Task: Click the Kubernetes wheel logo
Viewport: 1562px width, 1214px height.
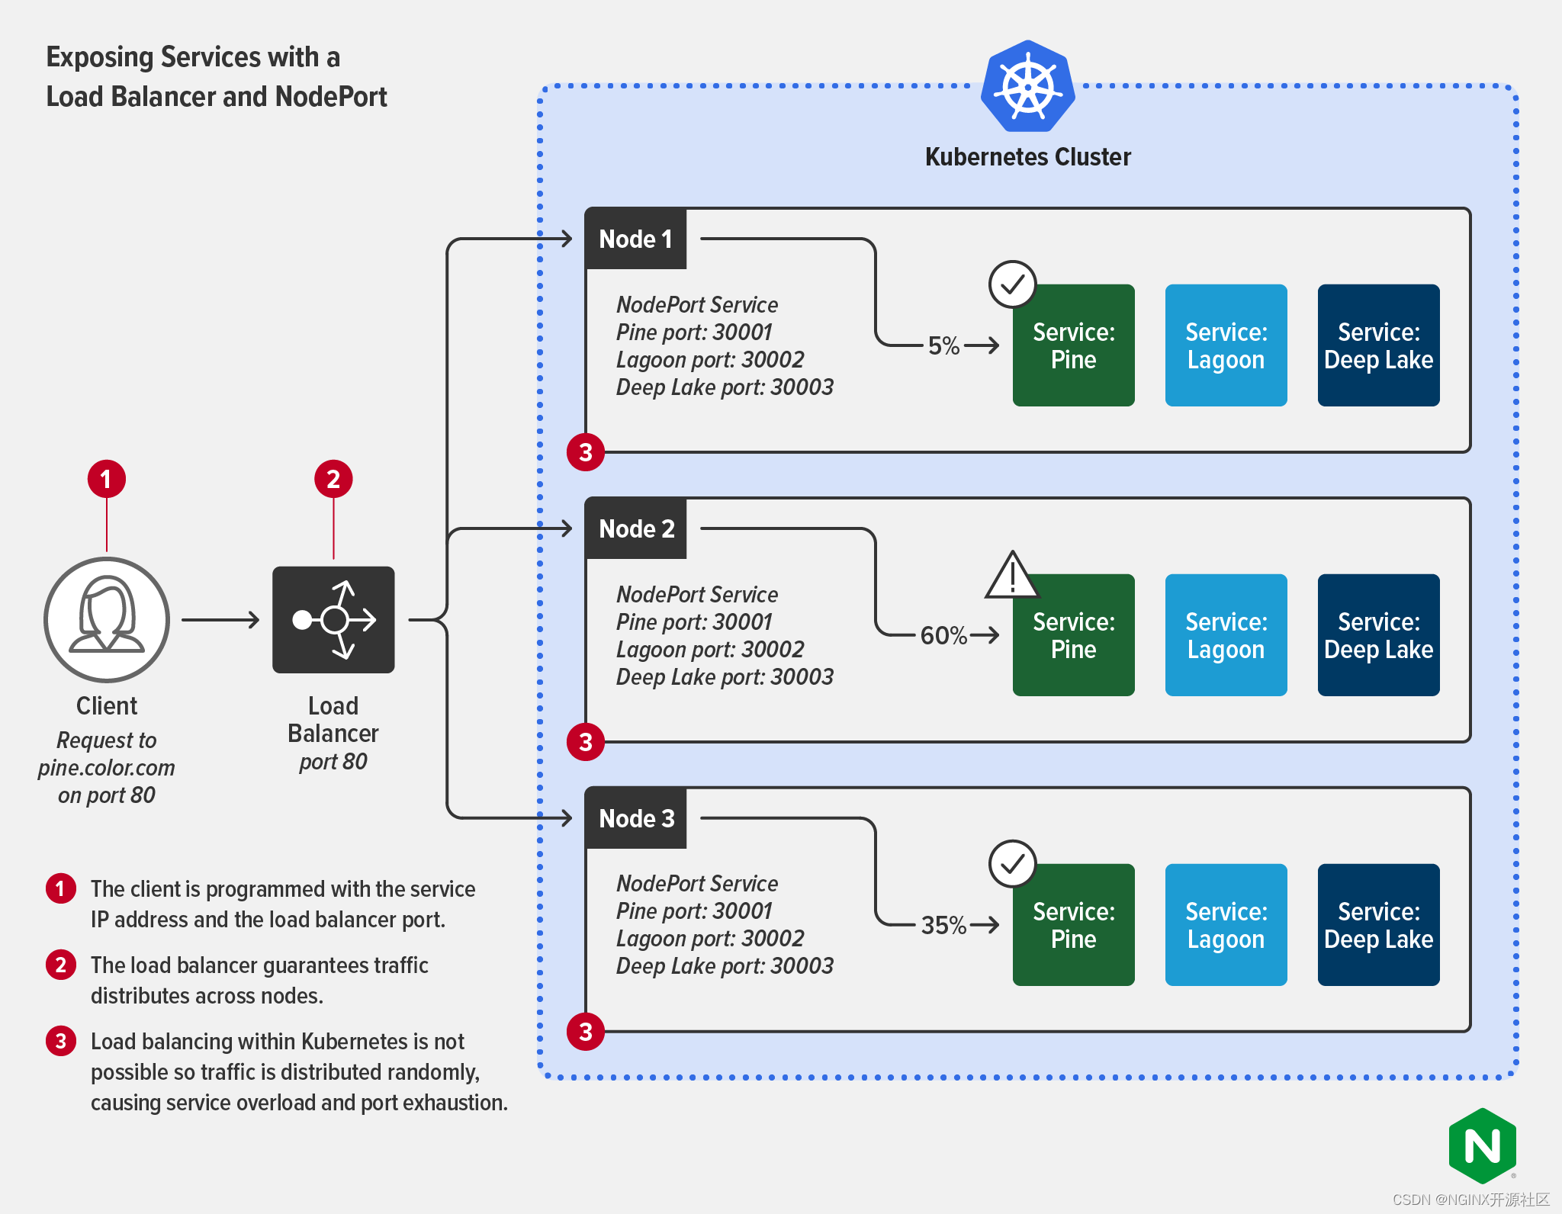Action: (1027, 86)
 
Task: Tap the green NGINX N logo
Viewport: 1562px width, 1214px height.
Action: (1482, 1146)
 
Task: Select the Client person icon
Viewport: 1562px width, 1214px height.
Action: (107, 619)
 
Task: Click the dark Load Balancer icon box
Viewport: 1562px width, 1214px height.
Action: (333, 619)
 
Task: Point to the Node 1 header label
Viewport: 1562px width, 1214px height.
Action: (635, 239)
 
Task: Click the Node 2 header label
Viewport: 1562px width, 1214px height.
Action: (635, 528)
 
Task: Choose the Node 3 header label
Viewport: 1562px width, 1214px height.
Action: (635, 818)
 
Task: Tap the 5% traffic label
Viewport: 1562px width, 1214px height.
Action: (943, 345)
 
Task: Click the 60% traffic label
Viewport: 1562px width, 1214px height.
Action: (943, 635)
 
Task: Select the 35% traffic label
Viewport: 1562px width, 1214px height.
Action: (943, 925)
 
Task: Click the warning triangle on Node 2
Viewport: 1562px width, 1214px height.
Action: (1012, 577)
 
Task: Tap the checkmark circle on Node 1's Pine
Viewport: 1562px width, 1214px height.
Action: (1012, 284)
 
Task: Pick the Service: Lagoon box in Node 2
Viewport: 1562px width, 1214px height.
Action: (1226, 634)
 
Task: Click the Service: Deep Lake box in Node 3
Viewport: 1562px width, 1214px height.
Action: (1378, 924)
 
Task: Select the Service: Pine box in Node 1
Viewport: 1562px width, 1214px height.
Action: (1073, 345)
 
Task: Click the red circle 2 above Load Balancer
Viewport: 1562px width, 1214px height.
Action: (333, 479)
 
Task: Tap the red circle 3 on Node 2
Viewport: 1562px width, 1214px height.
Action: (586, 742)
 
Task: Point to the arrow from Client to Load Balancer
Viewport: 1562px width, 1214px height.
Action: (220, 620)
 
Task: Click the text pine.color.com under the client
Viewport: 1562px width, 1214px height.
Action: (107, 767)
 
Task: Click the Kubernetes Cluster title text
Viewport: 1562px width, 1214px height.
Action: (1027, 156)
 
